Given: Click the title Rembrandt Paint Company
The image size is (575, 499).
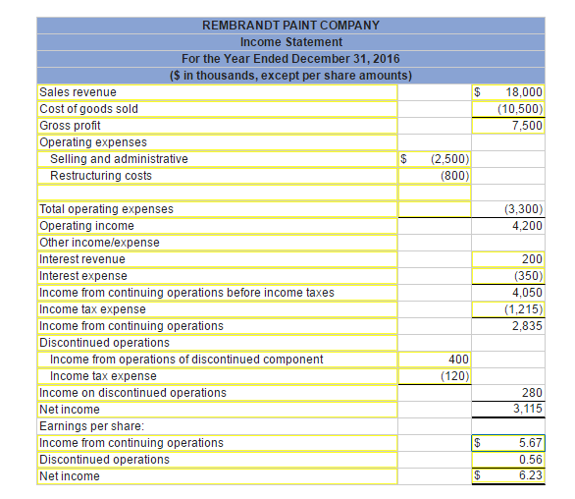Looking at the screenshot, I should [290, 25].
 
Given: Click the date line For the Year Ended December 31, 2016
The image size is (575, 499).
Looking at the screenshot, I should [290, 58].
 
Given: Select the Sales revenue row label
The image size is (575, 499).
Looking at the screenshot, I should [78, 91].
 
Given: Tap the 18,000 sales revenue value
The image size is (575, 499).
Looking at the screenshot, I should [524, 91].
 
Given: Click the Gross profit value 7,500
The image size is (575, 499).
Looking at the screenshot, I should [527, 125].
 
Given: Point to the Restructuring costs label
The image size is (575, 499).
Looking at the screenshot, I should [101, 175].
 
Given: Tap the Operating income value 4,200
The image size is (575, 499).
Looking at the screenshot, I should [527, 225].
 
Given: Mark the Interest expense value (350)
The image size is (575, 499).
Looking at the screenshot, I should [528, 275].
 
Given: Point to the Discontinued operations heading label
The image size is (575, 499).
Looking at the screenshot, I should [104, 342].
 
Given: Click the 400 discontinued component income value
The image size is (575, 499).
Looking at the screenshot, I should [457, 359].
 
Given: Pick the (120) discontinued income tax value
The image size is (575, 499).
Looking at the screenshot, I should [453, 375].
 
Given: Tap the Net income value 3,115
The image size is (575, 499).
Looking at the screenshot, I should [527, 409].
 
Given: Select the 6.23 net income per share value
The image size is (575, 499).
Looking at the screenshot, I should [530, 475].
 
